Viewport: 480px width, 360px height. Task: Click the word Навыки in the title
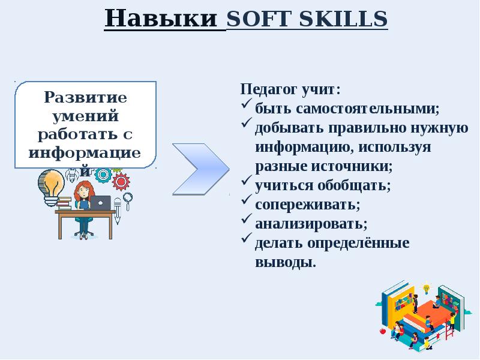[161, 19]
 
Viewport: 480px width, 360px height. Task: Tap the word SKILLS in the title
[343, 19]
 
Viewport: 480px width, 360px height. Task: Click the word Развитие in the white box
[85, 97]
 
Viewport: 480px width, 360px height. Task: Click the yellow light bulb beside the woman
[52, 187]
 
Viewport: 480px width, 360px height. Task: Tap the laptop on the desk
[101, 203]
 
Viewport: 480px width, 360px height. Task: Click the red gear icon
[121, 182]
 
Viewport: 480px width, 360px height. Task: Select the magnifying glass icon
[127, 200]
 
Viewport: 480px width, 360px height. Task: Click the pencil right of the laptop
[118, 211]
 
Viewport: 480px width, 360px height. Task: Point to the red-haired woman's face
[83, 192]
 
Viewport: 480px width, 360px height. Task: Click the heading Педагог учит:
[290, 89]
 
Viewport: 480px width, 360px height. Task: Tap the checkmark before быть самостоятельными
[247, 103]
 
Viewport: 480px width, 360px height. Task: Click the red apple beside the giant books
[382, 331]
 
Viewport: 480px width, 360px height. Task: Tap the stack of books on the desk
[64, 203]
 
